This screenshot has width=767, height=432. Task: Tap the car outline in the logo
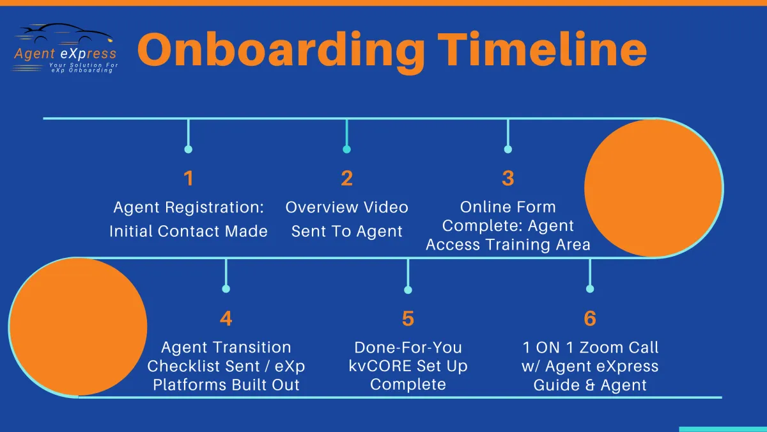pyautogui.click(x=65, y=33)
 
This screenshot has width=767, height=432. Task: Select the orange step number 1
pyautogui.click(x=189, y=179)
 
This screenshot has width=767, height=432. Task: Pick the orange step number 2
pyautogui.click(x=347, y=179)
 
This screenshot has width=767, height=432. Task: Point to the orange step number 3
pyautogui.click(x=508, y=179)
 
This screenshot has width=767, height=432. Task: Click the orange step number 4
pyautogui.click(x=226, y=319)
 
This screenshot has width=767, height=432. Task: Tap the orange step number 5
pyautogui.click(x=408, y=319)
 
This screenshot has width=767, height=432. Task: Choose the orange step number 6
pyautogui.click(x=590, y=319)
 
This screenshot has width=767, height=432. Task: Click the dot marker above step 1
pyautogui.click(x=189, y=150)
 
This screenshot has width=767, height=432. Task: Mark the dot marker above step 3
pyautogui.click(x=508, y=150)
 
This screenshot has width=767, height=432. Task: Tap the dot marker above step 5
pyautogui.click(x=408, y=290)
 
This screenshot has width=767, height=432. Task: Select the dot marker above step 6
pyautogui.click(x=590, y=289)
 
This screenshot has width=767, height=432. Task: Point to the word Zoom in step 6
pyautogui.click(x=602, y=348)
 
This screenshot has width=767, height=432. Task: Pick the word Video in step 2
pyautogui.click(x=385, y=207)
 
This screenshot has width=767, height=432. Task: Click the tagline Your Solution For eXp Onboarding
pyautogui.click(x=82, y=68)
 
